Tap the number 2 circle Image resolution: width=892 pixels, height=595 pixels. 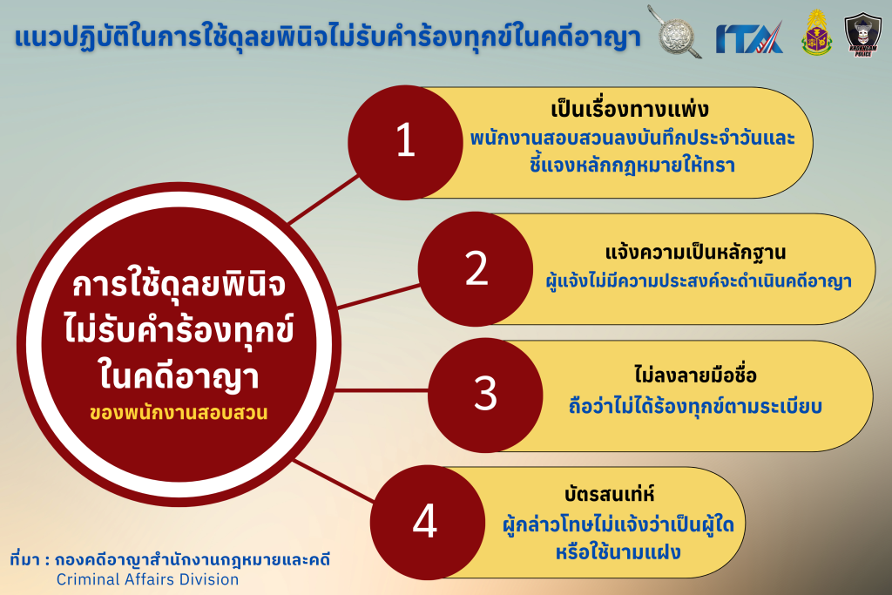[x=476, y=269]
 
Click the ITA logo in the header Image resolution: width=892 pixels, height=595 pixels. [x=749, y=37]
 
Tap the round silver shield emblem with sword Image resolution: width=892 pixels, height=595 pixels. [x=675, y=32]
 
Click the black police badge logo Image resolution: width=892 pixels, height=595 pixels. [x=863, y=34]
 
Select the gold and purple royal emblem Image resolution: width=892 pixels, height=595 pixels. [x=816, y=33]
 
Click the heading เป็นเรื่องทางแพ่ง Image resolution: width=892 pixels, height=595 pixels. [x=630, y=109]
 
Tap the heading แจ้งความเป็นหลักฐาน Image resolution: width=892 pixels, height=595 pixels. [x=695, y=252]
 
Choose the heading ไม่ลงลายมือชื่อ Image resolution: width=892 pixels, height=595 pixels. [x=695, y=375]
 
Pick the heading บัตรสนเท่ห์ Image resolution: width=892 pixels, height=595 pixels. [x=609, y=494]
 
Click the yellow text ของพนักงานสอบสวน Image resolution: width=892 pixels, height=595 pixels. [x=179, y=412]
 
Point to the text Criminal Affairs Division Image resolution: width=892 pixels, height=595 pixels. [x=147, y=579]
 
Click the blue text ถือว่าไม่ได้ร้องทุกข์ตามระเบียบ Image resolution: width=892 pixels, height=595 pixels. [x=695, y=407]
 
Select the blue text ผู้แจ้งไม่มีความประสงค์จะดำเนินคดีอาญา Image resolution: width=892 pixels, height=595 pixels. [x=699, y=281]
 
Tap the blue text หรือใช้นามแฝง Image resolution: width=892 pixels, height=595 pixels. [x=618, y=552]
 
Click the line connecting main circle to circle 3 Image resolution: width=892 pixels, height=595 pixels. [x=381, y=390]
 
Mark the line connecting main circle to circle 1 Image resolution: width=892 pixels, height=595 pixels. [x=324, y=199]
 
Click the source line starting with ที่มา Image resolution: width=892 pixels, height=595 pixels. [x=170, y=560]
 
